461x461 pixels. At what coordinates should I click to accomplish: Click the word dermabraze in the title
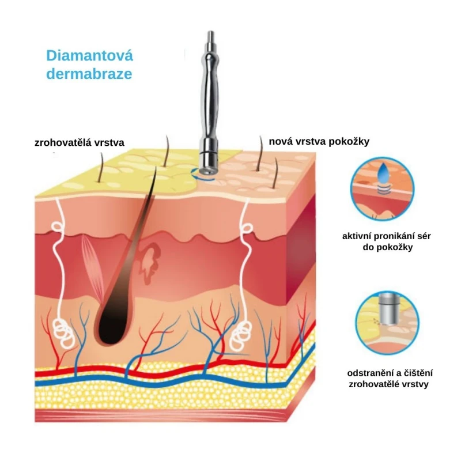click(x=89, y=74)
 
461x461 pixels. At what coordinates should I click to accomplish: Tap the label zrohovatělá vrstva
click(x=79, y=142)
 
